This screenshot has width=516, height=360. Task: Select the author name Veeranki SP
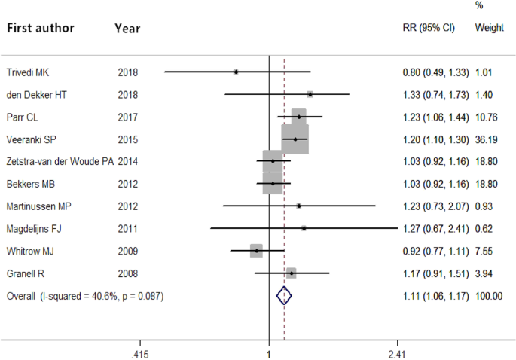34,139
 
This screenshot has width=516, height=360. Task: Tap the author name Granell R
29,273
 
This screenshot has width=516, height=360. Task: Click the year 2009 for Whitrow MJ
128,251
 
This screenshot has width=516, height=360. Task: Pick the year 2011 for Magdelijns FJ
128,228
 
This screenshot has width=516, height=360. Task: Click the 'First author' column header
41,29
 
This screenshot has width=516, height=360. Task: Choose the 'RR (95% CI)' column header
429,27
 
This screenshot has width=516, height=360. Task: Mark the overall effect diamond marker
284,296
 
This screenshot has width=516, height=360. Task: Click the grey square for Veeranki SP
295,139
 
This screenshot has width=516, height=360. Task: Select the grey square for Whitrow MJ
256,251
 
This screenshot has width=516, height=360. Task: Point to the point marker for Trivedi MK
236,72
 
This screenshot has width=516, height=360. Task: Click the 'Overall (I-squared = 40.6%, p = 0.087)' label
85,296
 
